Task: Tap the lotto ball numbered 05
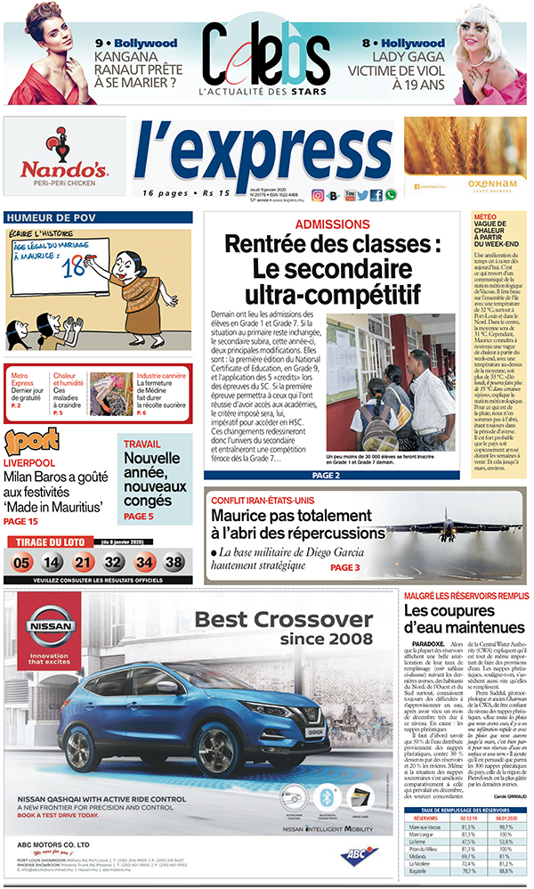22,562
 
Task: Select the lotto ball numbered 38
174,562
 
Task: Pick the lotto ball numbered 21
83,562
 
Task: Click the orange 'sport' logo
32,442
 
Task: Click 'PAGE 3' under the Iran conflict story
344,567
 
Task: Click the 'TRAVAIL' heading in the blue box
142,444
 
